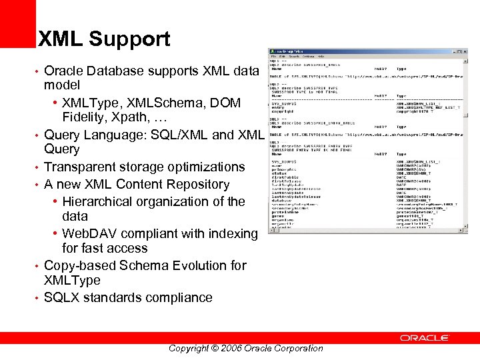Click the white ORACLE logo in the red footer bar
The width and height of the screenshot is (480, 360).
(424, 338)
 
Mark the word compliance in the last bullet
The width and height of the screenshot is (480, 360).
(177, 297)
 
